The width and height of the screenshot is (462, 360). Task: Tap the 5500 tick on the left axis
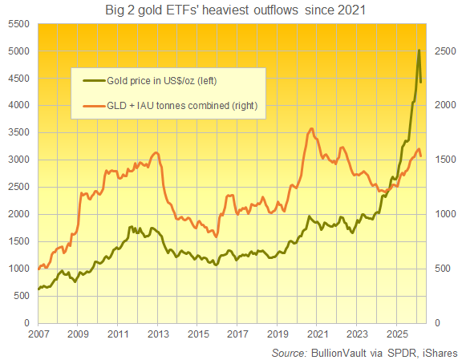(x=18, y=24)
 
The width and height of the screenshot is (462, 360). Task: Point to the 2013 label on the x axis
(x=157, y=333)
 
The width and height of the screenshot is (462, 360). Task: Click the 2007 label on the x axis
(x=38, y=333)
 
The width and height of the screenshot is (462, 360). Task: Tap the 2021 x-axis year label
(x=317, y=333)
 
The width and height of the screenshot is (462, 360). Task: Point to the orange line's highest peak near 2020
(x=311, y=128)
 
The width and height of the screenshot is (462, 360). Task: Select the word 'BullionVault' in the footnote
(x=338, y=352)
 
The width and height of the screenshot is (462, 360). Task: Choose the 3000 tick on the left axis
(x=18, y=160)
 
